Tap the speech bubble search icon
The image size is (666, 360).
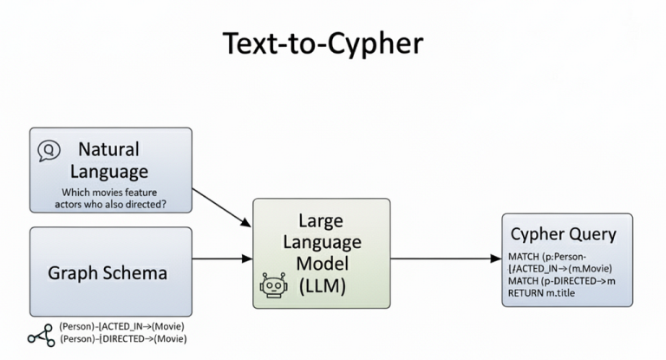tap(48, 151)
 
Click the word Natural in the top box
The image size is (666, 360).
tap(108, 149)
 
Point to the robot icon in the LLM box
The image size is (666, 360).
tap(272, 285)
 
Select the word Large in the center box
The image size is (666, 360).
tap(322, 220)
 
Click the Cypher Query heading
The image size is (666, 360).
tap(563, 233)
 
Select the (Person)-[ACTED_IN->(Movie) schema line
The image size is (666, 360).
tap(121, 326)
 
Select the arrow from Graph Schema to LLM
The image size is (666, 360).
tap(222, 258)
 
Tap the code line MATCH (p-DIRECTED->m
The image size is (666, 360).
tap(560, 281)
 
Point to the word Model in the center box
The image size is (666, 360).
tap(322, 264)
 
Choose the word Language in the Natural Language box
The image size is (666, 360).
tap(108, 171)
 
